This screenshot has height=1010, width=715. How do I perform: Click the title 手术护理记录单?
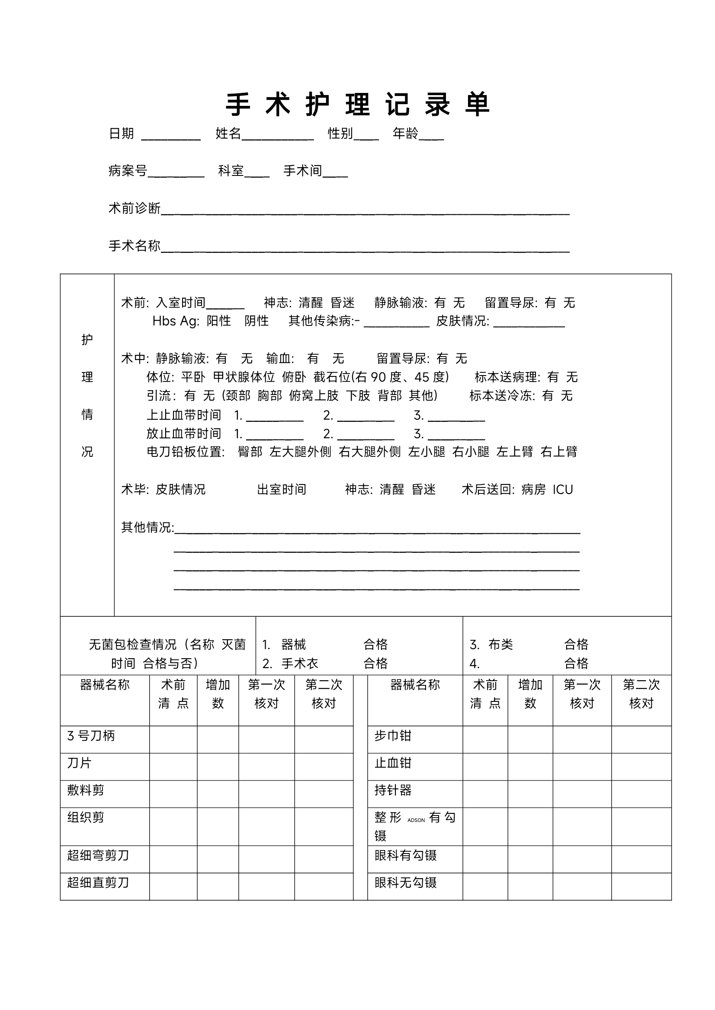pyautogui.click(x=357, y=105)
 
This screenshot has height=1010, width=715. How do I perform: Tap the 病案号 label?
pyautogui.click(x=128, y=171)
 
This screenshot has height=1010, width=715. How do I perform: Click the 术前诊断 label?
pyautogui.click(x=134, y=208)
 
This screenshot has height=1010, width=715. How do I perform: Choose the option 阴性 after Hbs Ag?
pyautogui.click(x=256, y=321)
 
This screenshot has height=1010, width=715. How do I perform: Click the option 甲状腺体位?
pyautogui.click(x=244, y=377)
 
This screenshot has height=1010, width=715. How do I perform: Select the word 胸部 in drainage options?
pyautogui.click(x=269, y=396)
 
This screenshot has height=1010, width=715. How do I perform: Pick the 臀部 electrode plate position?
pyautogui.click(x=250, y=452)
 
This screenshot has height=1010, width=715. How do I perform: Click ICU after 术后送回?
pyautogui.click(x=563, y=490)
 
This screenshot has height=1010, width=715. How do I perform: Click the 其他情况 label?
pyautogui.click(x=147, y=527)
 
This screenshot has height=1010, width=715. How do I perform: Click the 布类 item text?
pyautogui.click(x=500, y=644)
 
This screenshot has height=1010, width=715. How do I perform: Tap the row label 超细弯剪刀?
pyautogui.click(x=98, y=855)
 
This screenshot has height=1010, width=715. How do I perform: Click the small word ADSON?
pyautogui.click(x=416, y=820)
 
